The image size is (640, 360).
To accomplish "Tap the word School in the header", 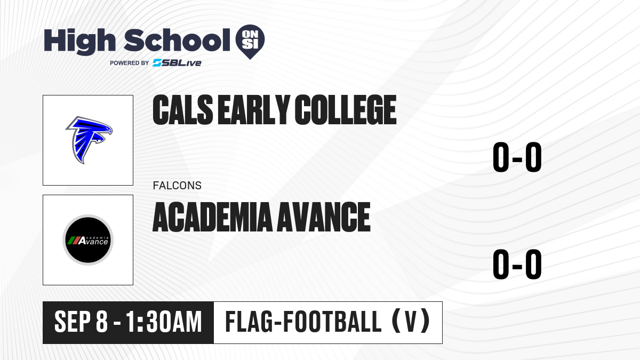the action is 177,40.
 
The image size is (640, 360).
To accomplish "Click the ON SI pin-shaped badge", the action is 250,42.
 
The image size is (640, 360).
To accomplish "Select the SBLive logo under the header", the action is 177,63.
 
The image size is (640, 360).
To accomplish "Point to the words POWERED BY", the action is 130,63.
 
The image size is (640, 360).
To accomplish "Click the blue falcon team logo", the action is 89,140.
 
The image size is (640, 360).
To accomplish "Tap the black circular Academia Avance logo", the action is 88,240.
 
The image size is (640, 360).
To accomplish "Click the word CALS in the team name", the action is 182,110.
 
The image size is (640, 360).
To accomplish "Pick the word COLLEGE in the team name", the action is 346,110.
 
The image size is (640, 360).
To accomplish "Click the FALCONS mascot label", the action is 177,186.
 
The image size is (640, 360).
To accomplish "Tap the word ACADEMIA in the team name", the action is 213,217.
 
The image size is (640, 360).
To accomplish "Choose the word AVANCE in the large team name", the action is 324,217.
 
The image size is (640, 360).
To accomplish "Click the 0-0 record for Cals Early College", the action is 517,157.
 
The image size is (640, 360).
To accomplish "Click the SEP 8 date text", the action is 81,322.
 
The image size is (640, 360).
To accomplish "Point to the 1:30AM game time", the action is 164,322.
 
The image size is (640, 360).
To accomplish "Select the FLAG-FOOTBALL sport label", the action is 303,322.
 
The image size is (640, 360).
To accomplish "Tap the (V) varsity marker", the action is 411,322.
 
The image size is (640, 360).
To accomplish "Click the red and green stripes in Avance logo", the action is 73,241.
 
